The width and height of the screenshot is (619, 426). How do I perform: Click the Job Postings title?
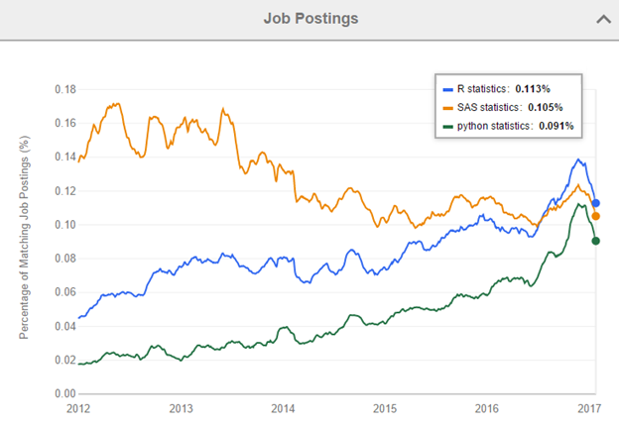pos(309,18)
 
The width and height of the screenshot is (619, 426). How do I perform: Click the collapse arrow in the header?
pos(600,18)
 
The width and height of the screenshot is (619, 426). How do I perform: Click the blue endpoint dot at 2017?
pos(596,203)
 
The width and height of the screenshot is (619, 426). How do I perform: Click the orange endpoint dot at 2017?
pos(596,216)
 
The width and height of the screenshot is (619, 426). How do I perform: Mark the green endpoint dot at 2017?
pos(596,240)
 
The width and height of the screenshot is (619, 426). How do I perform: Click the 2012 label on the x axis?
pos(78,408)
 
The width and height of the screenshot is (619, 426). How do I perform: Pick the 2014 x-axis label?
pos(283,408)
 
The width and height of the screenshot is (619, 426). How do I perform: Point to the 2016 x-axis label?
pos(487,408)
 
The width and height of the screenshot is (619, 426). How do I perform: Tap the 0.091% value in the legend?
pos(555,126)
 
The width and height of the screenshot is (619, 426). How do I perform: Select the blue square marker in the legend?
pos(447,88)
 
